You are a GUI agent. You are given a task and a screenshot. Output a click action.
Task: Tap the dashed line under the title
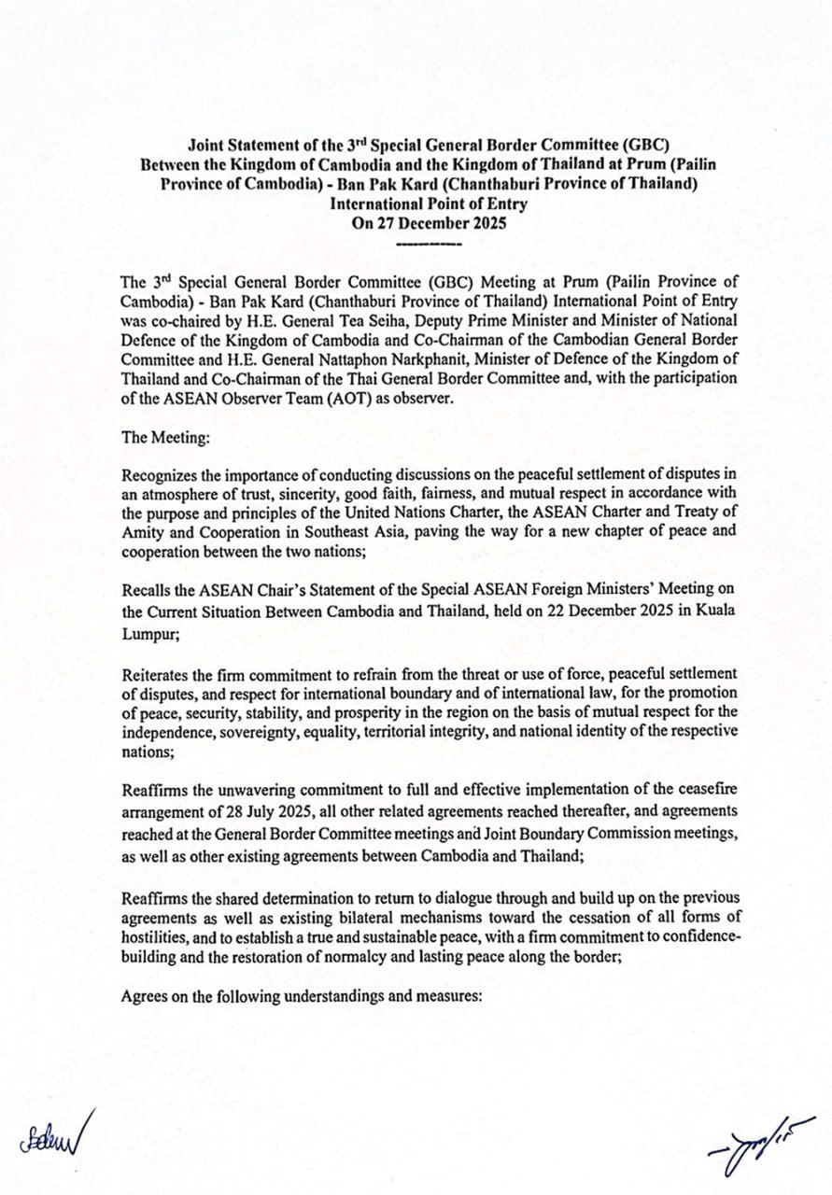429,245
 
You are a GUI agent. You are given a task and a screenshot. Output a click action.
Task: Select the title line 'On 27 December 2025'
429,223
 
